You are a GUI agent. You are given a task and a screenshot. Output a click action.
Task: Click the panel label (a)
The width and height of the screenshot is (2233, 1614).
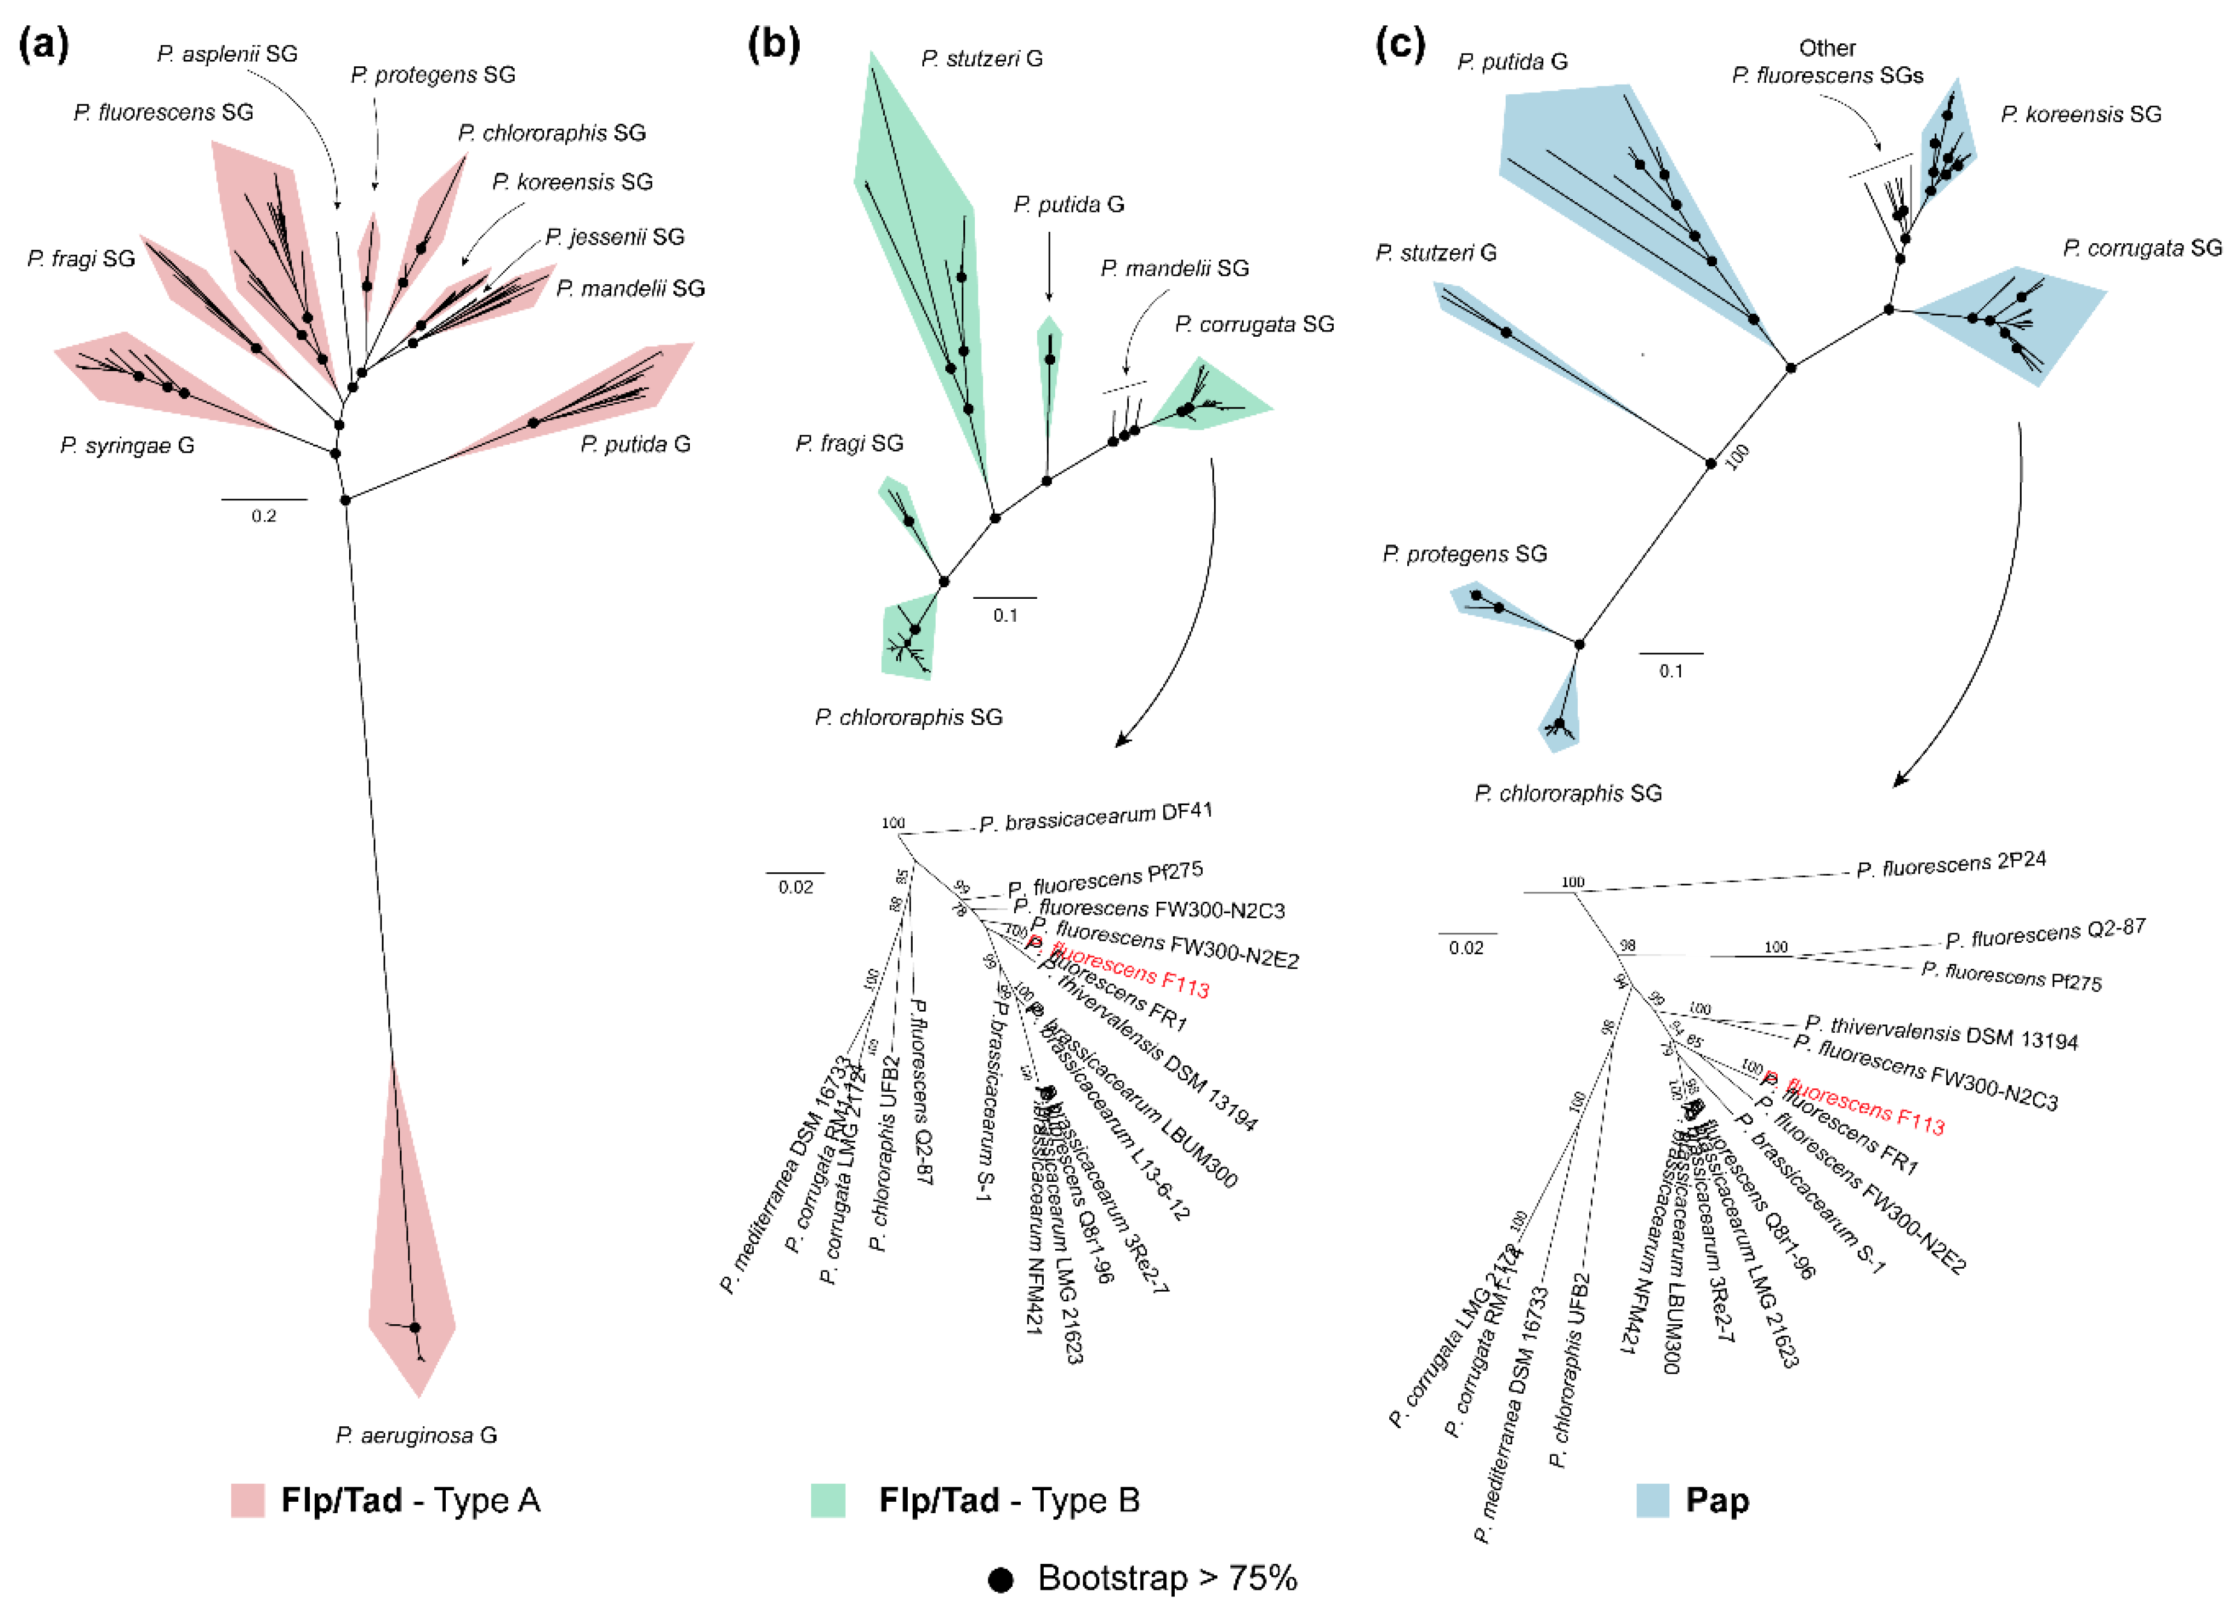coord(44,44)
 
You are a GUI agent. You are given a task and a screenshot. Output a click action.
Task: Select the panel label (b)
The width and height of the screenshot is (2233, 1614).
coord(773,44)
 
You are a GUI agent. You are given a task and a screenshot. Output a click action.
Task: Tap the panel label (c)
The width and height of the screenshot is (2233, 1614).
coord(1399,44)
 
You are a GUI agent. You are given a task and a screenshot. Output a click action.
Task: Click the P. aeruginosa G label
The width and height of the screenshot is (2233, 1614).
coord(417,1435)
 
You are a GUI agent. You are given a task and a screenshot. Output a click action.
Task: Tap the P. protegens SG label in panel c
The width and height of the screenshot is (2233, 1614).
coord(1464,554)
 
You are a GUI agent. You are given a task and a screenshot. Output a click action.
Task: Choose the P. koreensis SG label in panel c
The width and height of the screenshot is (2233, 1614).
coord(2080,114)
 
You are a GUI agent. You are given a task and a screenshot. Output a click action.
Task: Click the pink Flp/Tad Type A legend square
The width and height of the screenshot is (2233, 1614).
coord(248,1500)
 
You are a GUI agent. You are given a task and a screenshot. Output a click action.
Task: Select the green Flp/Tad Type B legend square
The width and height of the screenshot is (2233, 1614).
coord(828,1500)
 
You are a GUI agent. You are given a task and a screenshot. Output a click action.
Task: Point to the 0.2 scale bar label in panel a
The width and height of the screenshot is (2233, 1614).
coord(264,515)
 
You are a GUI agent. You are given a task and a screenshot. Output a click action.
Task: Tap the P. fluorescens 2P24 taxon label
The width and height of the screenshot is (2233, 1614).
coord(1950,864)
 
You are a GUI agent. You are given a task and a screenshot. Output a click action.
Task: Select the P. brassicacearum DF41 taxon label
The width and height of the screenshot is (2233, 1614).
coord(1096,817)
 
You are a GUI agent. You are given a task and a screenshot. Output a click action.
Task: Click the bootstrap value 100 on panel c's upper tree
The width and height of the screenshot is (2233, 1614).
coord(1738,456)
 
